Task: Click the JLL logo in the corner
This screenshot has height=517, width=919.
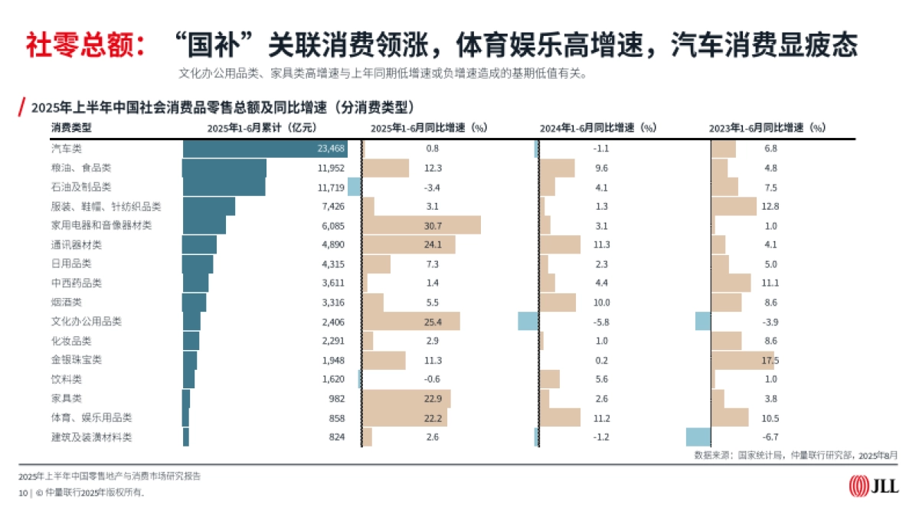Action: (874, 486)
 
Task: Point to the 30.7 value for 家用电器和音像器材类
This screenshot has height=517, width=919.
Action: (433, 225)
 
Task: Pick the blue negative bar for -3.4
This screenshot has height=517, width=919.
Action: (354, 187)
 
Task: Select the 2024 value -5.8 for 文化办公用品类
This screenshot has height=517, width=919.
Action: (601, 322)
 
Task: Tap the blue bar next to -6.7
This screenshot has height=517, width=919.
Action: (698, 437)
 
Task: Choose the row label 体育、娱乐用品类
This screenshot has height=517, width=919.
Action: (91, 417)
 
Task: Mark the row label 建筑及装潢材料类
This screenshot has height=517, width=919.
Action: (91, 437)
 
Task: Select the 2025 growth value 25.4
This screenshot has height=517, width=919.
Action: (433, 322)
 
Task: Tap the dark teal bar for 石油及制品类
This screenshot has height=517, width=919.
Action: (224, 187)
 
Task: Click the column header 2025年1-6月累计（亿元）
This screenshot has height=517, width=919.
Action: (261, 127)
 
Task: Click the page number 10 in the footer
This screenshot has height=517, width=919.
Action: (23, 492)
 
